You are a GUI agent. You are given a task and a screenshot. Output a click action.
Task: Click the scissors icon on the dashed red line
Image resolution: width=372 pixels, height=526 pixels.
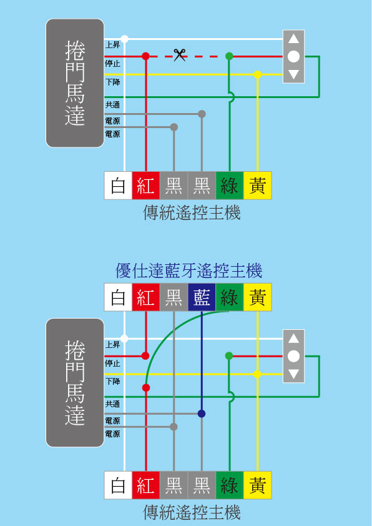(x=180, y=56)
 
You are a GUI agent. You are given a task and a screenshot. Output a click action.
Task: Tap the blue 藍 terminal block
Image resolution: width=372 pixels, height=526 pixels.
(x=202, y=297)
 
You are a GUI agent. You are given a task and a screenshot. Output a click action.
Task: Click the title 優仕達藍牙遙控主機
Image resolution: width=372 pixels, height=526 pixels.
(x=188, y=271)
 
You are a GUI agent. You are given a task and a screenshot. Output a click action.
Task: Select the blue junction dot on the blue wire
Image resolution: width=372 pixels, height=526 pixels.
(x=202, y=414)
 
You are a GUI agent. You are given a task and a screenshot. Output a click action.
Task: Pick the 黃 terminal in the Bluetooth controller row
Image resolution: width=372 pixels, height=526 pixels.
(x=257, y=297)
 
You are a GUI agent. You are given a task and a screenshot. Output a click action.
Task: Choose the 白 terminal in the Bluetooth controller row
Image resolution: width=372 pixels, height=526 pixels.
(x=118, y=297)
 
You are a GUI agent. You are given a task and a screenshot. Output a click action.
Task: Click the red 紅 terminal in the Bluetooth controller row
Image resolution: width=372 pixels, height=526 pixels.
(x=145, y=297)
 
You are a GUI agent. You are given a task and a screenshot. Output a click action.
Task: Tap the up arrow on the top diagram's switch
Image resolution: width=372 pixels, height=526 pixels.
(x=293, y=39)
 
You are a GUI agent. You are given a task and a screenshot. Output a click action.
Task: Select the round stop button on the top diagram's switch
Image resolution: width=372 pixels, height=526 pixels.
(x=293, y=56)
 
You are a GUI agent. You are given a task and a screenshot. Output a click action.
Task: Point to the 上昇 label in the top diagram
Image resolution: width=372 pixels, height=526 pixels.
(x=113, y=45)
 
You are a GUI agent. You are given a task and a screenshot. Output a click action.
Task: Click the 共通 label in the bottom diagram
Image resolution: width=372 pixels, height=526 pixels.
(x=113, y=404)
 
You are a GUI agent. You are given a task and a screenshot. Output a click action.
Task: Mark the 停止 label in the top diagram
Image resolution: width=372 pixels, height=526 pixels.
(x=113, y=62)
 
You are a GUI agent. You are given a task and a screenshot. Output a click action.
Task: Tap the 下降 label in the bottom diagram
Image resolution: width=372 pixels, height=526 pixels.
(x=113, y=380)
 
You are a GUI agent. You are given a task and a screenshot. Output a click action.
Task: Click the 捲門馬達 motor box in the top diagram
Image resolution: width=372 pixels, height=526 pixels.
(x=75, y=83)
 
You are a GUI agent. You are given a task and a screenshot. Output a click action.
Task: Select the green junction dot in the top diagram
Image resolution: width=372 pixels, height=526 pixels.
(x=229, y=56)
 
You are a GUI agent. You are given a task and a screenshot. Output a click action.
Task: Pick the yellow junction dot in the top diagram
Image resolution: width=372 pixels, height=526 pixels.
(x=257, y=74)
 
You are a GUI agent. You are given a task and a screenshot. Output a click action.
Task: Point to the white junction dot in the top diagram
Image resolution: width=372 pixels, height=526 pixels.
(x=125, y=39)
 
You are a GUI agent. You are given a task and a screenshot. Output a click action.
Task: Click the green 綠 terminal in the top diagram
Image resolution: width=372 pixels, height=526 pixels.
(x=229, y=186)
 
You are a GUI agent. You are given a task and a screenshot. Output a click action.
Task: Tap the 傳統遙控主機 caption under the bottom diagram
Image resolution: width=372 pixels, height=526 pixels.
(x=192, y=514)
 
